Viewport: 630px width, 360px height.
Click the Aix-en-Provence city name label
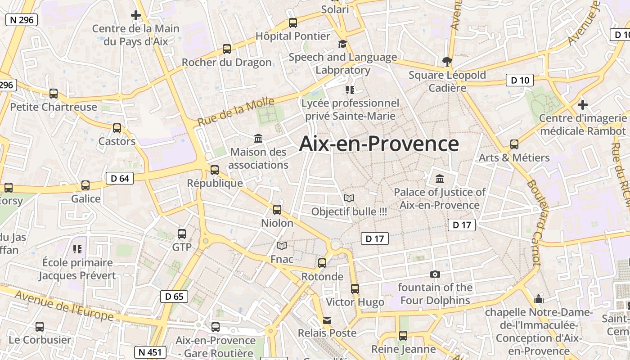[x=379, y=144]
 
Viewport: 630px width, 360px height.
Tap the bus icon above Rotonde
[x=322, y=263]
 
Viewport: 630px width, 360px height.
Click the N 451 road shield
[x=150, y=352]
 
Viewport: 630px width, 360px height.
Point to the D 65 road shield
[x=174, y=296]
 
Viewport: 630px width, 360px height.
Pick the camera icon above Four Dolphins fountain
[x=435, y=274]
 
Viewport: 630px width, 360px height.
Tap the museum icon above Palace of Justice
[x=440, y=179]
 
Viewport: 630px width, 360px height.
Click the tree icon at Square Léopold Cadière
[x=447, y=61]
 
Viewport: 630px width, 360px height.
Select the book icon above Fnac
[x=282, y=246]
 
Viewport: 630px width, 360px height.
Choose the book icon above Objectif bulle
[x=349, y=198]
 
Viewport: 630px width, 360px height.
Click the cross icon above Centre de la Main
[x=136, y=15]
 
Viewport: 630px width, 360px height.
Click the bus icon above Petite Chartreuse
[x=54, y=94]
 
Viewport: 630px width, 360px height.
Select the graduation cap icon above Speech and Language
[x=343, y=44]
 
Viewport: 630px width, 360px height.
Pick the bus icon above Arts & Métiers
[x=514, y=144]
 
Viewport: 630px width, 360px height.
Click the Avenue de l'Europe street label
[x=64, y=306]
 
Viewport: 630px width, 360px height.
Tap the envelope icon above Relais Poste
[x=327, y=320]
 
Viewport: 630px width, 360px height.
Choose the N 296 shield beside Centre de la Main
[x=21, y=20]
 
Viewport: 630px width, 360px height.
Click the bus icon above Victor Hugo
[x=355, y=289]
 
